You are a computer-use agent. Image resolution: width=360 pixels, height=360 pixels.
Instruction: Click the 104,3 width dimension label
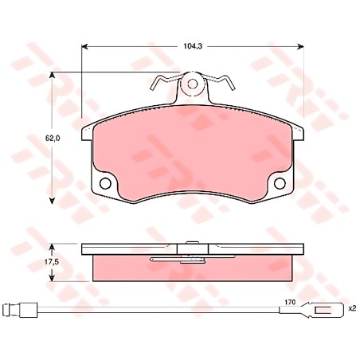coord(193,46)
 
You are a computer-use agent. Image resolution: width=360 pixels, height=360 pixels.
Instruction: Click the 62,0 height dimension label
coord(52,138)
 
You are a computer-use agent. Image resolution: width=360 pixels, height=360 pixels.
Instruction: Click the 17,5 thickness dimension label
coord(52,262)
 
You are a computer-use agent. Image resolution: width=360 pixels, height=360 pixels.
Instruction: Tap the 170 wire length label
coord(290,302)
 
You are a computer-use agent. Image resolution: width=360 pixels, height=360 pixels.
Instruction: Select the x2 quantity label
coord(352,308)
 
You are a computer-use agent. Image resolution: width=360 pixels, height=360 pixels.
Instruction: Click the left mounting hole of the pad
coord(105,183)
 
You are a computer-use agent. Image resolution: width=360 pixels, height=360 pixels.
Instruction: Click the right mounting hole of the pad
coord(280,183)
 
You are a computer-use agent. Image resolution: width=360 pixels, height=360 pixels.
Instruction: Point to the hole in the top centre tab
coord(193,84)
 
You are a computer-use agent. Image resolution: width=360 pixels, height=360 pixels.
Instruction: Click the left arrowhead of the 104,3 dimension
coord(84,47)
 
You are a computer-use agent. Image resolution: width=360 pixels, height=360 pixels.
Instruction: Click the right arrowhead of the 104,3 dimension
coord(300,47)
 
